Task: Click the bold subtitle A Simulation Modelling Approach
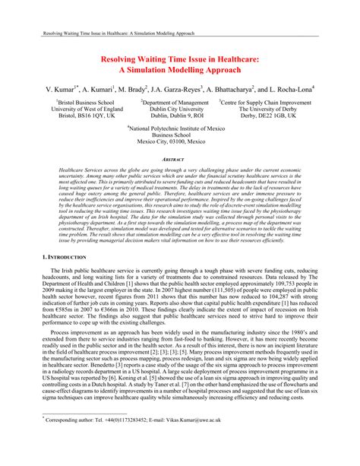click(x=179, y=69)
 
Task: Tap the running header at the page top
click(x=113, y=35)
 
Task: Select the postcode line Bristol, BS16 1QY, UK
click(x=84, y=116)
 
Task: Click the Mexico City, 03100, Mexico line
click(x=180, y=144)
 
